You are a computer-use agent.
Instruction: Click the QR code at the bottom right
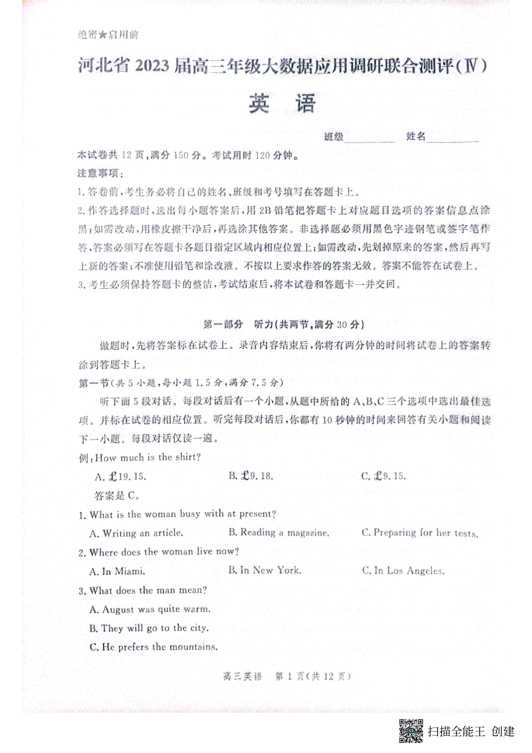pos(411,730)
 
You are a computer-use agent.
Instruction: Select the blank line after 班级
pos(370,138)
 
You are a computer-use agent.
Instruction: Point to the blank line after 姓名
pos(453,138)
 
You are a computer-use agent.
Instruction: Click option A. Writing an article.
pos(136,533)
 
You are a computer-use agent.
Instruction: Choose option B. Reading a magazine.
pos(279,533)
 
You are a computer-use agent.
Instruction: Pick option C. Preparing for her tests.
pos(420,533)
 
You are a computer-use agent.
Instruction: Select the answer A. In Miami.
pos(117,571)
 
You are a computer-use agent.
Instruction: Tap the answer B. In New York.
pos(265,570)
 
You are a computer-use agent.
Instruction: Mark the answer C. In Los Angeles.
pos(403,571)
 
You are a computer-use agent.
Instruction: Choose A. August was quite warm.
pos(150,609)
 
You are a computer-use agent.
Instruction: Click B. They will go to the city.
pos(149,628)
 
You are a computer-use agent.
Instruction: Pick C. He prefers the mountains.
pos(153,647)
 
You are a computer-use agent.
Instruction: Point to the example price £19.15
pos(121,477)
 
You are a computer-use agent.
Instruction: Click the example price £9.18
pos(251,476)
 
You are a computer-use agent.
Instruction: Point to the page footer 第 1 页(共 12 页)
pos(313,676)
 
